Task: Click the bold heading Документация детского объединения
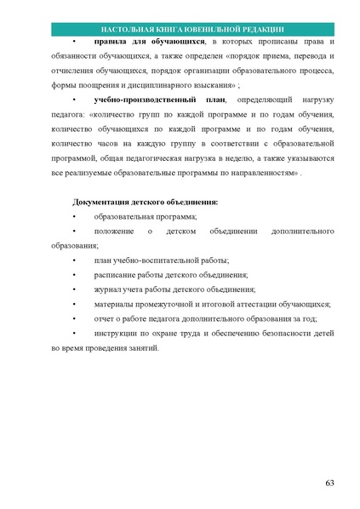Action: tap(146, 203)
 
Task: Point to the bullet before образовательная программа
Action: tap(75, 217)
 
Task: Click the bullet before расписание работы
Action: tap(75, 275)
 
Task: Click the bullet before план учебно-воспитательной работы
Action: tap(75, 260)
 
